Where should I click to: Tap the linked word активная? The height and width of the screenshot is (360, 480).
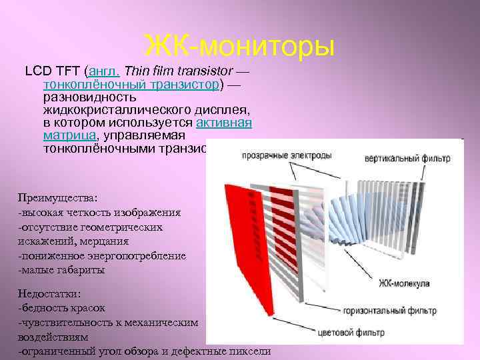(223, 123)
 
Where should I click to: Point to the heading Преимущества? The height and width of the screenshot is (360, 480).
(58, 199)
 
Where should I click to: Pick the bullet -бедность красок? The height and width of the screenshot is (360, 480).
(61, 308)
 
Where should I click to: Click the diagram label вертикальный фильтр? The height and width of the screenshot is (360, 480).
(407, 159)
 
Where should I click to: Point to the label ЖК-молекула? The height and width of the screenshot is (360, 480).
(404, 283)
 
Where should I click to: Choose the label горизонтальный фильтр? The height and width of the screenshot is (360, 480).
(389, 311)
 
